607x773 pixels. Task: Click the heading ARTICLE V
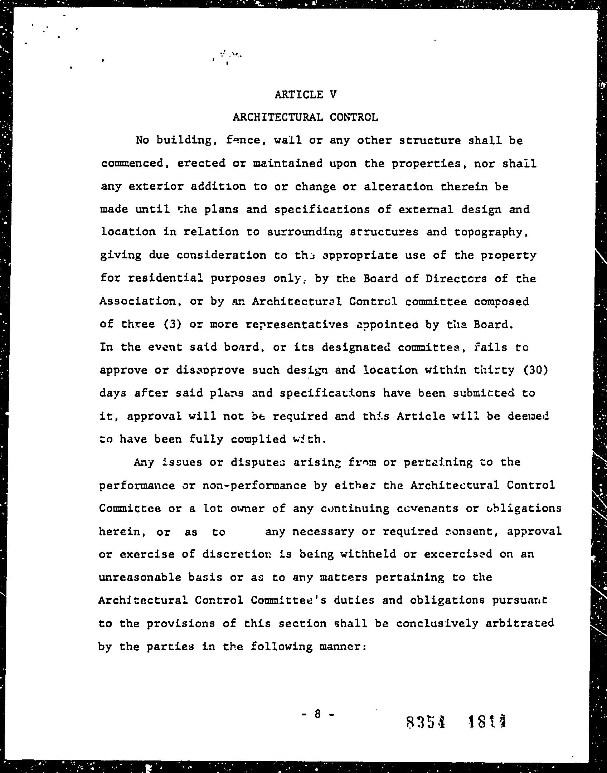(x=306, y=94)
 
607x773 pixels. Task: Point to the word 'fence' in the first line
(x=244, y=140)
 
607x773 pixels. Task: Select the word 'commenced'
(x=132, y=164)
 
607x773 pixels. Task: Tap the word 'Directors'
(x=456, y=278)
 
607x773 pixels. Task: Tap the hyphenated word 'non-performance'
(x=254, y=486)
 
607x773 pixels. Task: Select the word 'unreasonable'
(x=140, y=578)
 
